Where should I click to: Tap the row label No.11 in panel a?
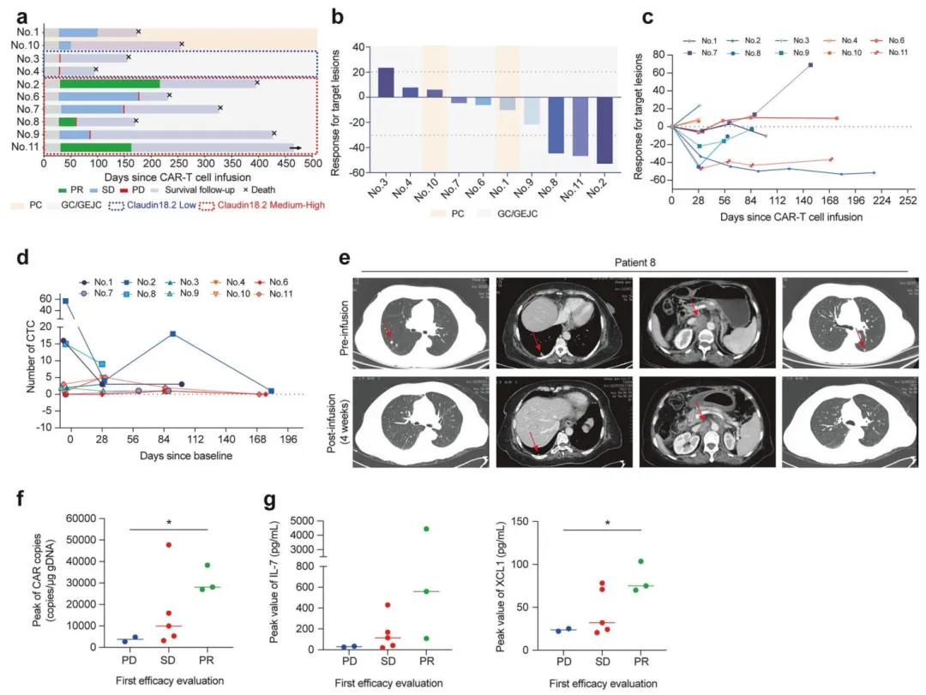click(24, 147)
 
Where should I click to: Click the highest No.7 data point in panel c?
click(810, 65)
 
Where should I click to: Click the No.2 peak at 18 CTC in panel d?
click(173, 334)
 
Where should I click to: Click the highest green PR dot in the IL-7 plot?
click(425, 529)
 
